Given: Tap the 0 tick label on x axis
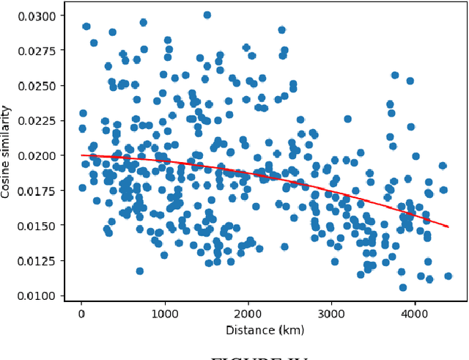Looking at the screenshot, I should (x=81, y=313).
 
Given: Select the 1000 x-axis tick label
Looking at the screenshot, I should (x=165, y=313).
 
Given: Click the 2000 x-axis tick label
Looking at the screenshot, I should (x=248, y=313).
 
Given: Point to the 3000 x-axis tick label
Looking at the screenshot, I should (x=332, y=313).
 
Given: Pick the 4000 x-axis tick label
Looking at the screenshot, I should (x=416, y=313).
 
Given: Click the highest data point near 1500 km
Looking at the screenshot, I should (x=207, y=15).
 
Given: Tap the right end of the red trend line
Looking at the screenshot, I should (x=448, y=227).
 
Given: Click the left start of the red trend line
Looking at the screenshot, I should (x=82, y=155).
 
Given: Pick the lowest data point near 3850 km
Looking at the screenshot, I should (x=402, y=287).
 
